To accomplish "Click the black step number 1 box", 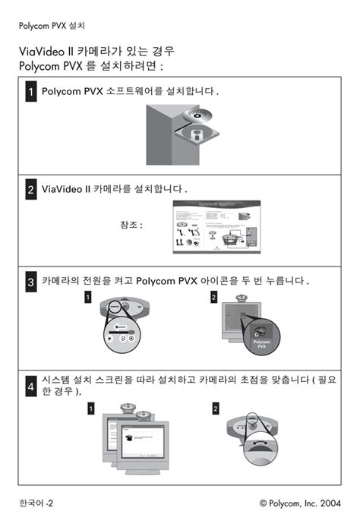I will (x=30, y=93).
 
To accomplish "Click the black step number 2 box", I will (x=30, y=189).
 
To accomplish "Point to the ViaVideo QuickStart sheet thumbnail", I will (x=213, y=227).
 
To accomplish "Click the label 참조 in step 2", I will (x=131, y=226).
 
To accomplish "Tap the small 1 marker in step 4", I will (x=90, y=409).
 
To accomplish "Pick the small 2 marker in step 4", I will (x=216, y=409).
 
